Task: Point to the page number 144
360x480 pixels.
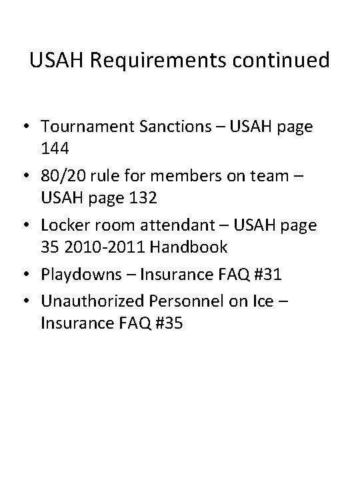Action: click(55, 151)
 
